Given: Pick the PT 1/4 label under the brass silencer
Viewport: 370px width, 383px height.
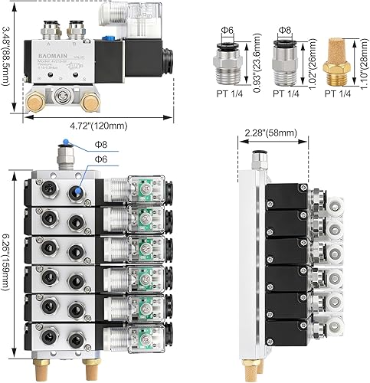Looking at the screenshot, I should point(338,96).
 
